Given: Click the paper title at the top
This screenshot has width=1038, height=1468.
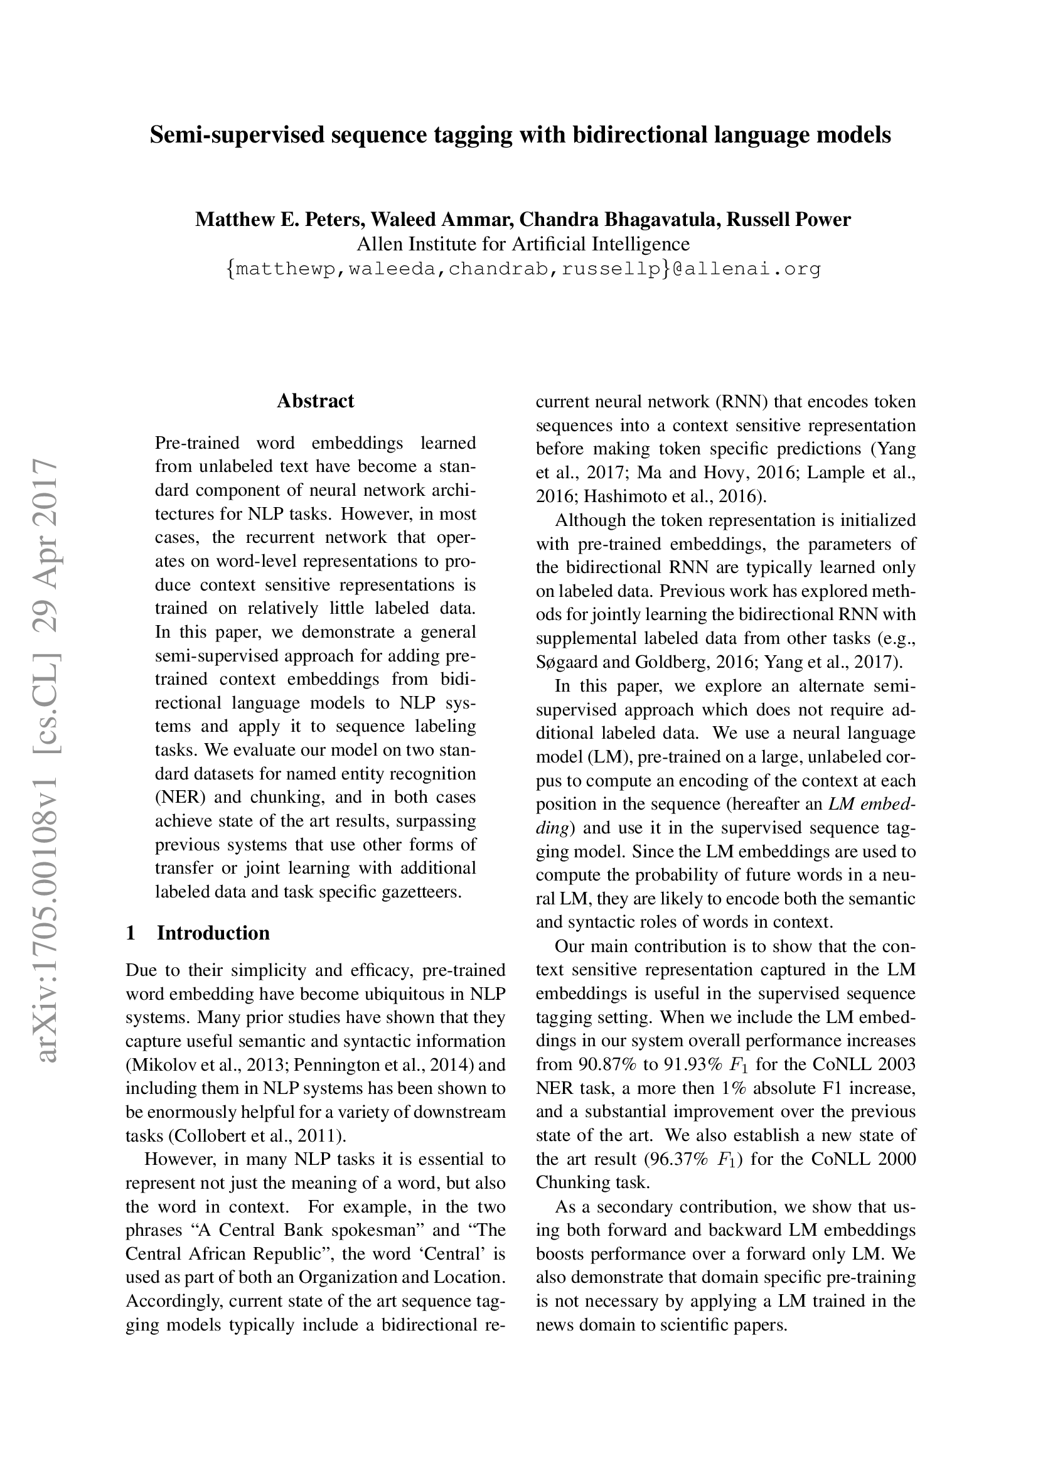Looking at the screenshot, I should tap(520, 135).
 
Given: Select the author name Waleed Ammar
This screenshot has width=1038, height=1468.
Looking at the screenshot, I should tap(442, 220).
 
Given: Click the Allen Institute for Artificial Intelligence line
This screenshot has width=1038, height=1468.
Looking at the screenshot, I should tap(523, 244).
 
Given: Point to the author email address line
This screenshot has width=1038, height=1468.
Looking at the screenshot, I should tap(523, 269).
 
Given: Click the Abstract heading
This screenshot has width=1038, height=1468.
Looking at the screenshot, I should tap(315, 401).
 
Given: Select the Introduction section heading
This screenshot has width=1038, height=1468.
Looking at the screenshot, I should tap(213, 933).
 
